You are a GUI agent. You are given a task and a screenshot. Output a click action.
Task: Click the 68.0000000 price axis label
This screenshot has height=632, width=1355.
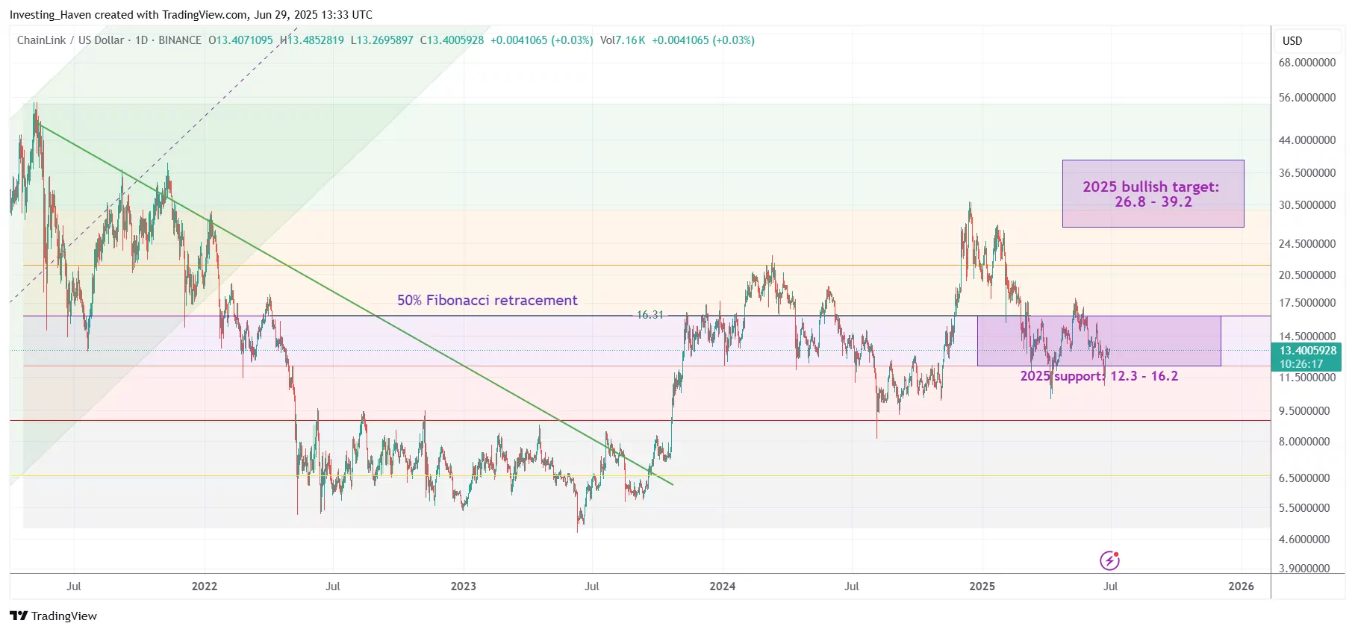[1306, 63]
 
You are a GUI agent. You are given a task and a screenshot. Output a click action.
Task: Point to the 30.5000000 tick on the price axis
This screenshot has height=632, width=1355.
[1306, 205]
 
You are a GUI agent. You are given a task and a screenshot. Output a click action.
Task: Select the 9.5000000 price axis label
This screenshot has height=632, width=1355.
[1303, 411]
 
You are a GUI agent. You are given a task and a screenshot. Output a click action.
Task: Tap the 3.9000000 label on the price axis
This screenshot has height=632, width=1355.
[1303, 569]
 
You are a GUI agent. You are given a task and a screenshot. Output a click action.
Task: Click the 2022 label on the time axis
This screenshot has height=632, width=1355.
[204, 586]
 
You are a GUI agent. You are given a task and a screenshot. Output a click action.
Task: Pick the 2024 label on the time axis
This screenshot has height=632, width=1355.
[722, 586]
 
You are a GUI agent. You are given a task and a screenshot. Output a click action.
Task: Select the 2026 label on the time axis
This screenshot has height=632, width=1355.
[1241, 586]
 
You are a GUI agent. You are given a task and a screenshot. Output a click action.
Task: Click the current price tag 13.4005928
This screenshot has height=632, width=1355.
[1307, 351]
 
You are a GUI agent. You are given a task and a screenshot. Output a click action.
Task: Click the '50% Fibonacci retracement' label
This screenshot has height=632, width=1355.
[487, 300]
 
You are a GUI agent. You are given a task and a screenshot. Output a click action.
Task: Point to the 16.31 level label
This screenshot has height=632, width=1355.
[650, 315]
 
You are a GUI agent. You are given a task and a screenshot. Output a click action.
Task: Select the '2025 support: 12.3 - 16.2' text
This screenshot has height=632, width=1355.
[1099, 376]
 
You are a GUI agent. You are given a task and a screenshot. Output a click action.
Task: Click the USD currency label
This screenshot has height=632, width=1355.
[1292, 41]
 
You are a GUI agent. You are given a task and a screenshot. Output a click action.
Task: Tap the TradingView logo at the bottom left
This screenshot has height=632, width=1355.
[53, 616]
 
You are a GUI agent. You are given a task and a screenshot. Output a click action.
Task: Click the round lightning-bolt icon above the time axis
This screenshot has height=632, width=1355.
[1109, 560]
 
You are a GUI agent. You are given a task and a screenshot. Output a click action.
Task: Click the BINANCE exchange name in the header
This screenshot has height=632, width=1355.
[179, 40]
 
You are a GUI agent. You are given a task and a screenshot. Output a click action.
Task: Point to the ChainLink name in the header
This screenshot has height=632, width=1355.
[41, 40]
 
